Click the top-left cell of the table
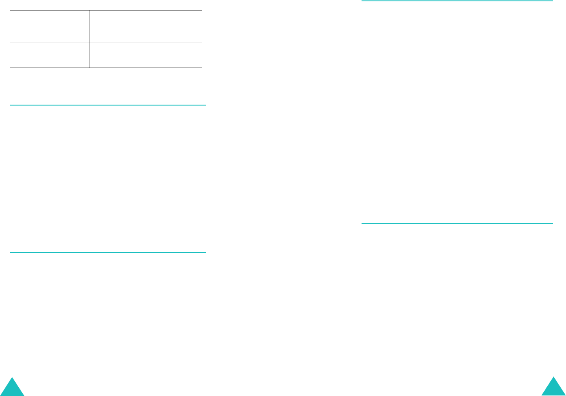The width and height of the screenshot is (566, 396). (x=49, y=18)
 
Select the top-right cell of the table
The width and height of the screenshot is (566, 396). (x=146, y=18)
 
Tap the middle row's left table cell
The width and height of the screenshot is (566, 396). (x=49, y=34)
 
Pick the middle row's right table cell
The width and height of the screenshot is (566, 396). (x=146, y=34)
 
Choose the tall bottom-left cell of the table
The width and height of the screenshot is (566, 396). (x=49, y=55)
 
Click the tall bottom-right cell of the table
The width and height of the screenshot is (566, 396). (x=146, y=55)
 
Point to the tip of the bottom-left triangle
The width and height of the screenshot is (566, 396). (x=12, y=378)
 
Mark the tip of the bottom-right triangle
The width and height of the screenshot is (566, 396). (x=553, y=377)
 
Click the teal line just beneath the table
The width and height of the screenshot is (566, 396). (x=108, y=105)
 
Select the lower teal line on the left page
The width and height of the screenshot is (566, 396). (x=108, y=252)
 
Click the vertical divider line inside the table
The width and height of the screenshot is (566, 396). (x=89, y=39)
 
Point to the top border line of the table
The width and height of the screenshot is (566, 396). (x=106, y=10)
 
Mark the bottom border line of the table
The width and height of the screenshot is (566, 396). (x=106, y=68)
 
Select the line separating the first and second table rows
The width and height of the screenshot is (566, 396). (x=106, y=26)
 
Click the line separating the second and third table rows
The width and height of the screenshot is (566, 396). (x=106, y=42)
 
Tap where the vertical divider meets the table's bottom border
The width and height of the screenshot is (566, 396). (x=89, y=68)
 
